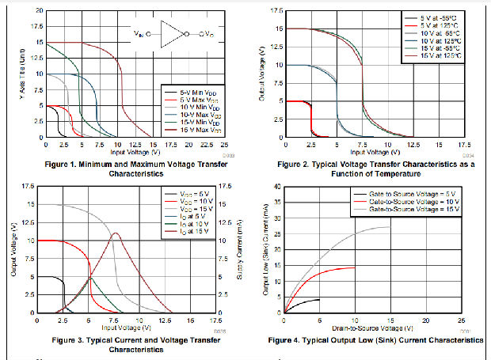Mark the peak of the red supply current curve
116,233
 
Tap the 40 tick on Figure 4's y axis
276,187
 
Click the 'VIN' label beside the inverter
140,34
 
